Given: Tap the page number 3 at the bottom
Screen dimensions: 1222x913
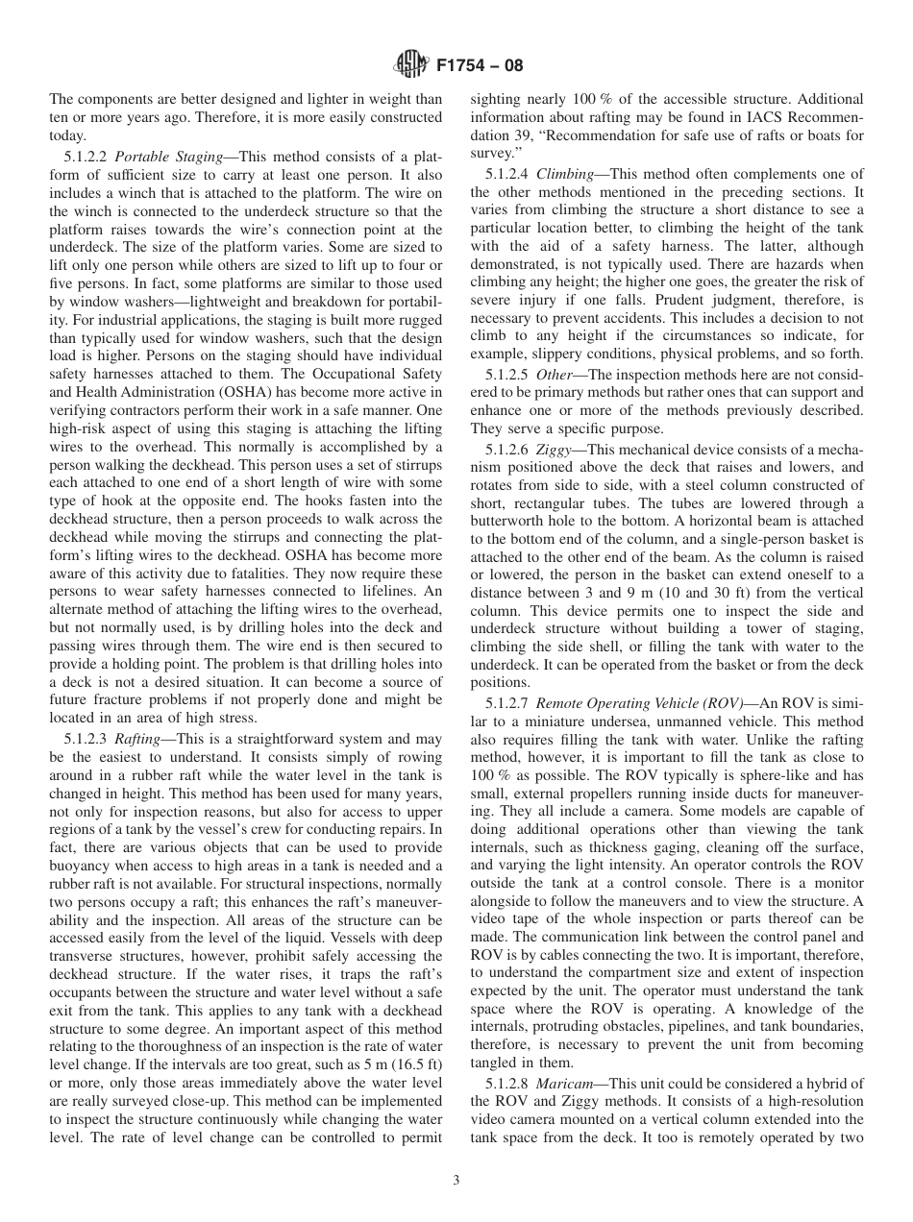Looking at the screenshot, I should (x=456, y=1181).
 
